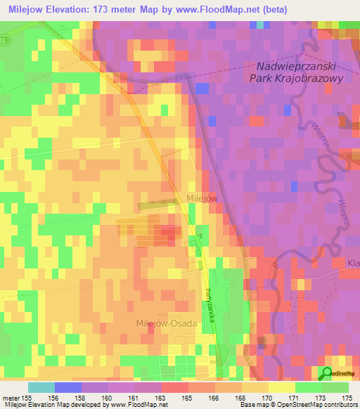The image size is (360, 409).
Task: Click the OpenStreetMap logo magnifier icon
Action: [327, 374]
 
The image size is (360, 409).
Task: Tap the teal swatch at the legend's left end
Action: [41, 387]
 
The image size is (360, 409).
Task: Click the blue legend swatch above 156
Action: [67, 387]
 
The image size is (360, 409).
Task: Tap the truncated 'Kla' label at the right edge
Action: [353, 263]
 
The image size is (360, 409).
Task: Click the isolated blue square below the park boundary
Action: [202, 89]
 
